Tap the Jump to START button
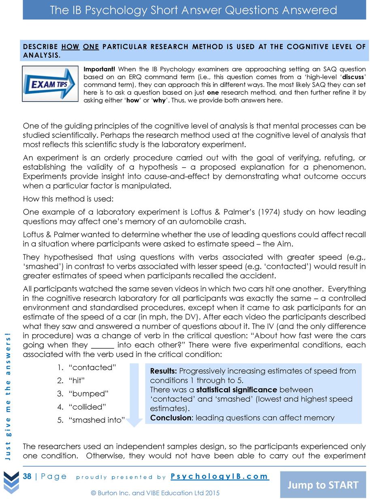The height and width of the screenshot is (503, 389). [x=323, y=485]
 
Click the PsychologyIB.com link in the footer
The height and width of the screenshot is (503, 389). [x=219, y=476]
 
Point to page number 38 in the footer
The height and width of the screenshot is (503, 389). [x=27, y=476]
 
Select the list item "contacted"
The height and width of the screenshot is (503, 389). [x=92, y=367]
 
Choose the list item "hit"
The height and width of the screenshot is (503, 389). [x=77, y=380]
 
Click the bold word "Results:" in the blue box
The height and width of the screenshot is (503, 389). [x=163, y=371]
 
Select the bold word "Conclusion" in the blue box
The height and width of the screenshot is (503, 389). [x=170, y=418]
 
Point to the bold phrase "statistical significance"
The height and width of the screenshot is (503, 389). [x=237, y=390]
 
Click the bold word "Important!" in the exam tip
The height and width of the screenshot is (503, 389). [x=99, y=69]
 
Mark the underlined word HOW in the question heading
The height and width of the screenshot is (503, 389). [x=70, y=47]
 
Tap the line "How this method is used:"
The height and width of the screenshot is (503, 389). [x=68, y=199]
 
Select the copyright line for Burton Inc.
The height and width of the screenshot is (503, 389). [x=155, y=493]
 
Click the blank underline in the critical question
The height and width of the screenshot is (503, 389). [x=103, y=345]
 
